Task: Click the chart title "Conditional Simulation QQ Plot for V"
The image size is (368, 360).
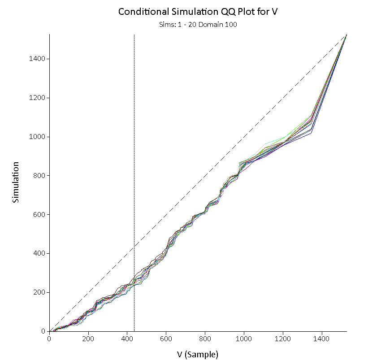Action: tap(197, 12)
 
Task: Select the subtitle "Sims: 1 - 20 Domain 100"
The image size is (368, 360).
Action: tap(197, 25)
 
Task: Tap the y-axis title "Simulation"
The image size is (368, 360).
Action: tap(16, 182)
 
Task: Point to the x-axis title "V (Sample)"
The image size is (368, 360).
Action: tap(197, 354)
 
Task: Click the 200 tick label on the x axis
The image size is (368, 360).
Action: tap(88, 339)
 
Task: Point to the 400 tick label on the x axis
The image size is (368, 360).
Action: tap(127, 339)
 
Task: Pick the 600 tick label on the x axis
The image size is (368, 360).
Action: tap(166, 339)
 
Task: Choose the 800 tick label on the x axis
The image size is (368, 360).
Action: tap(205, 339)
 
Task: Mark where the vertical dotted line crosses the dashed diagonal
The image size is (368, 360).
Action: tap(134, 246)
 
